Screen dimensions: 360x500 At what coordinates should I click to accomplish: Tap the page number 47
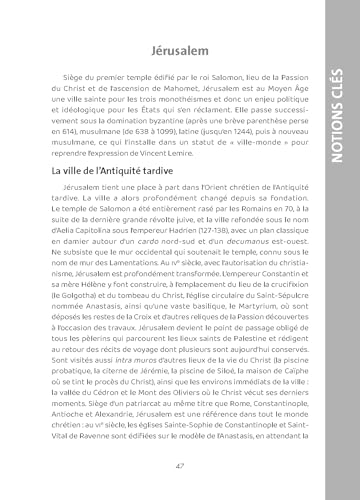[179, 466]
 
